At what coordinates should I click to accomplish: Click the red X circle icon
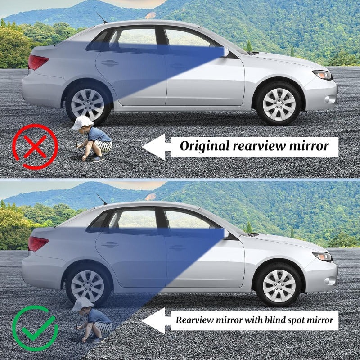pos(35,147)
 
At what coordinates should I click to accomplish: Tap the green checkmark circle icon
pos(35,328)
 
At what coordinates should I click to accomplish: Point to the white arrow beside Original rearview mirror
pos(155,147)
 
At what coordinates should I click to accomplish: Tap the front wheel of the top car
pos(279,103)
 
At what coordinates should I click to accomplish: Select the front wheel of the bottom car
pos(279,285)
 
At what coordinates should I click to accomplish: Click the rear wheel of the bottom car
pos(87,286)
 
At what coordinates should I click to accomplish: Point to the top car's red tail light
pos(37,62)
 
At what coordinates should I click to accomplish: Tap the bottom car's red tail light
pos(38,243)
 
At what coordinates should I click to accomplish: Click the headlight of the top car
pos(323,75)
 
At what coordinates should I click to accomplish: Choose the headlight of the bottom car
pos(323,256)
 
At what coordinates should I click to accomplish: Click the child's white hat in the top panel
pos(82,122)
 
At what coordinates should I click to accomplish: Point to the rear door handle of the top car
pos(110,63)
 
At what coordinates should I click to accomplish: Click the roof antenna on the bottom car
pos(102,199)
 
